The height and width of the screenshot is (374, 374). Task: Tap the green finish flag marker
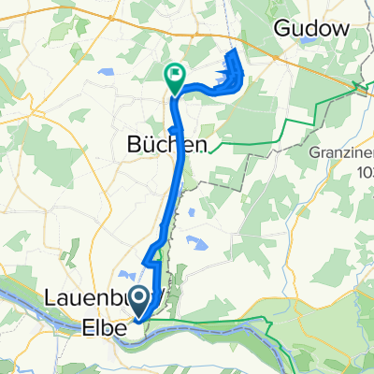click(x=175, y=76)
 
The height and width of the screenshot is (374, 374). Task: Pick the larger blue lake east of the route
click(x=198, y=244)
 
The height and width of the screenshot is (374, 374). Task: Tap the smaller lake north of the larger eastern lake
click(x=191, y=212)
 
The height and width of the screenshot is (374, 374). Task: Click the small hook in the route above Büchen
click(x=173, y=127)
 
